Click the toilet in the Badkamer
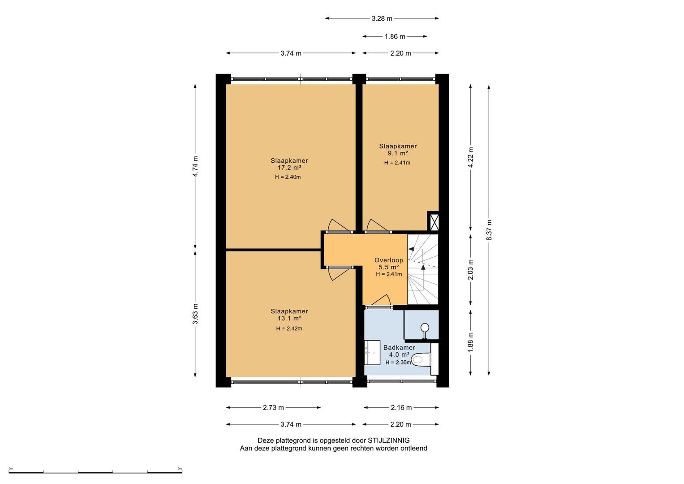click(x=421, y=359)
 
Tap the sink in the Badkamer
click(x=372, y=353)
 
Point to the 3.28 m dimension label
click(x=382, y=19)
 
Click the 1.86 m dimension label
click(x=395, y=37)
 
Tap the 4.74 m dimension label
click(x=195, y=166)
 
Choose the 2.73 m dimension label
click(x=273, y=408)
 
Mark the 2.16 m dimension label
click(x=401, y=408)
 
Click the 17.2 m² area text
click(x=289, y=168)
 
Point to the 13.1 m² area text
click(x=289, y=318)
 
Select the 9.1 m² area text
click(x=398, y=153)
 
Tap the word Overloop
click(x=389, y=260)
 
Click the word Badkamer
click(x=399, y=347)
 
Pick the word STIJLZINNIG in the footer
click(x=389, y=440)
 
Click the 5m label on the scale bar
click(x=180, y=468)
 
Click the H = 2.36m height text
click(x=398, y=363)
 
